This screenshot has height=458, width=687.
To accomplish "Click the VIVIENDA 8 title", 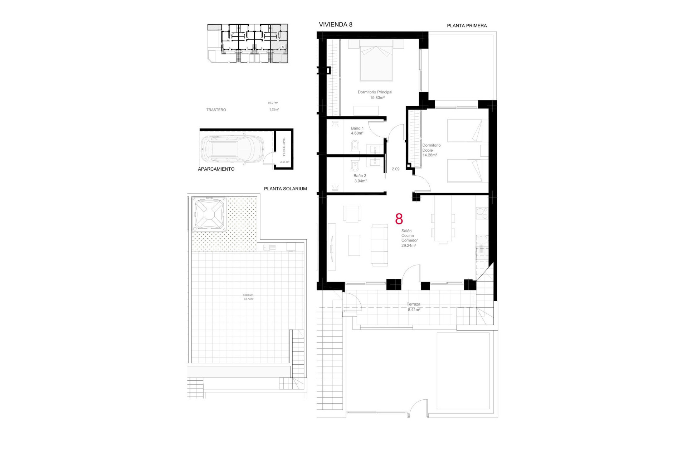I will (335, 25).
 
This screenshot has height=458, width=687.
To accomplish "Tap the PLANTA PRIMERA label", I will (467, 26).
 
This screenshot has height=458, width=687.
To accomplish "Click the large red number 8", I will (399, 219).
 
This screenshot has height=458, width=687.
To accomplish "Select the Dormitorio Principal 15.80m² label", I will (375, 95).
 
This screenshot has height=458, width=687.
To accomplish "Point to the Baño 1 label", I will (357, 131).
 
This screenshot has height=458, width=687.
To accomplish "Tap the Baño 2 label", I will (360, 178).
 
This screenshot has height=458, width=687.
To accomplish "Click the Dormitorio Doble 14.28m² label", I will (431, 150).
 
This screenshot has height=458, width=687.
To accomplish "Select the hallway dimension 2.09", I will (395, 169).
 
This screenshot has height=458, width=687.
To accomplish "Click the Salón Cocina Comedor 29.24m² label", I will (409, 238).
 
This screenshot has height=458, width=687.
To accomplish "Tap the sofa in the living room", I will (379, 245).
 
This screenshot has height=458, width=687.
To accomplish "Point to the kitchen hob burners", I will (482, 214).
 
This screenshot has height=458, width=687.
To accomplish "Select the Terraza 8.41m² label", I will (414, 307).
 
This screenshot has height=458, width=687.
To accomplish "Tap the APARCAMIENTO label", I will (216, 169).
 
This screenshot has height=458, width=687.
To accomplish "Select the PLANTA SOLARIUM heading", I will (285, 189).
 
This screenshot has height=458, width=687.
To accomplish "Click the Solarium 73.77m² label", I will (248, 297).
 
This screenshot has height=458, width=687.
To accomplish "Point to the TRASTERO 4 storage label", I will (284, 147).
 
